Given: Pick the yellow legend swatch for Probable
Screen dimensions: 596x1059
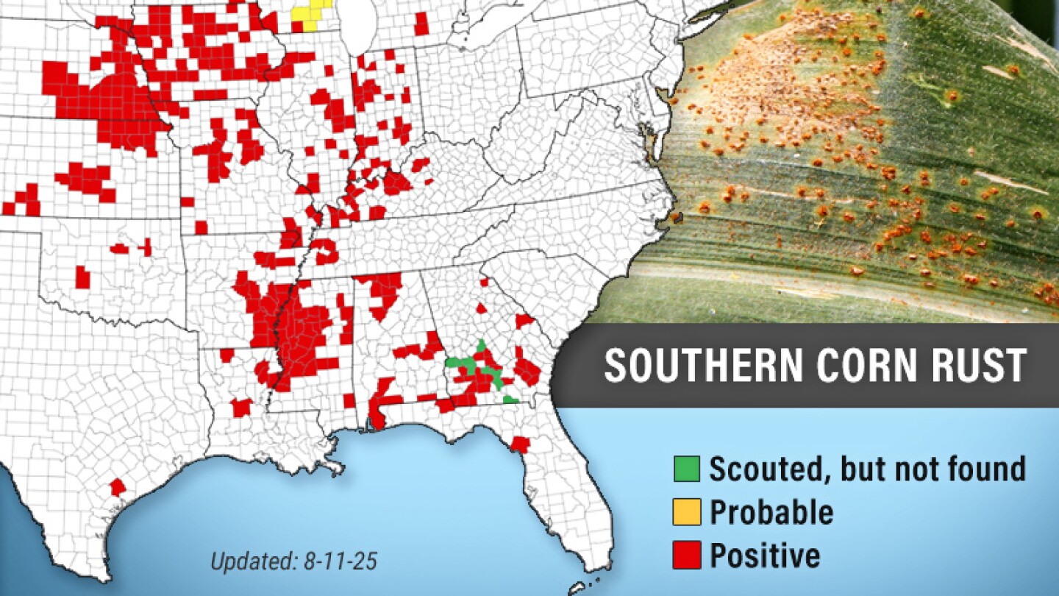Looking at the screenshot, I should pos(686,513).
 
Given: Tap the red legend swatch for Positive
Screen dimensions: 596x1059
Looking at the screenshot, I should pos(686,556).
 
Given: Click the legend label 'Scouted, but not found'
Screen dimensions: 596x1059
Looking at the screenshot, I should pos(866,469).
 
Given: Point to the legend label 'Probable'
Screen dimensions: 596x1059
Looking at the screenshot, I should pos(771,512).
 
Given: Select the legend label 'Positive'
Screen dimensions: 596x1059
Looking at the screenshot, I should pos(764,556).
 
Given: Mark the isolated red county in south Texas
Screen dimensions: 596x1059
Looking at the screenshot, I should pos(118,487).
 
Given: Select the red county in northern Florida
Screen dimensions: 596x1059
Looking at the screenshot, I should pos(520,444).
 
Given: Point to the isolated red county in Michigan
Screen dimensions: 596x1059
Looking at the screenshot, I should pos(421,24).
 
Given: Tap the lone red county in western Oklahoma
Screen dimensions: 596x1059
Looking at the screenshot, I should pos(82,277).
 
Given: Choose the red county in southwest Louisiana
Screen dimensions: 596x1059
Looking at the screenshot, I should pos(240,407).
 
